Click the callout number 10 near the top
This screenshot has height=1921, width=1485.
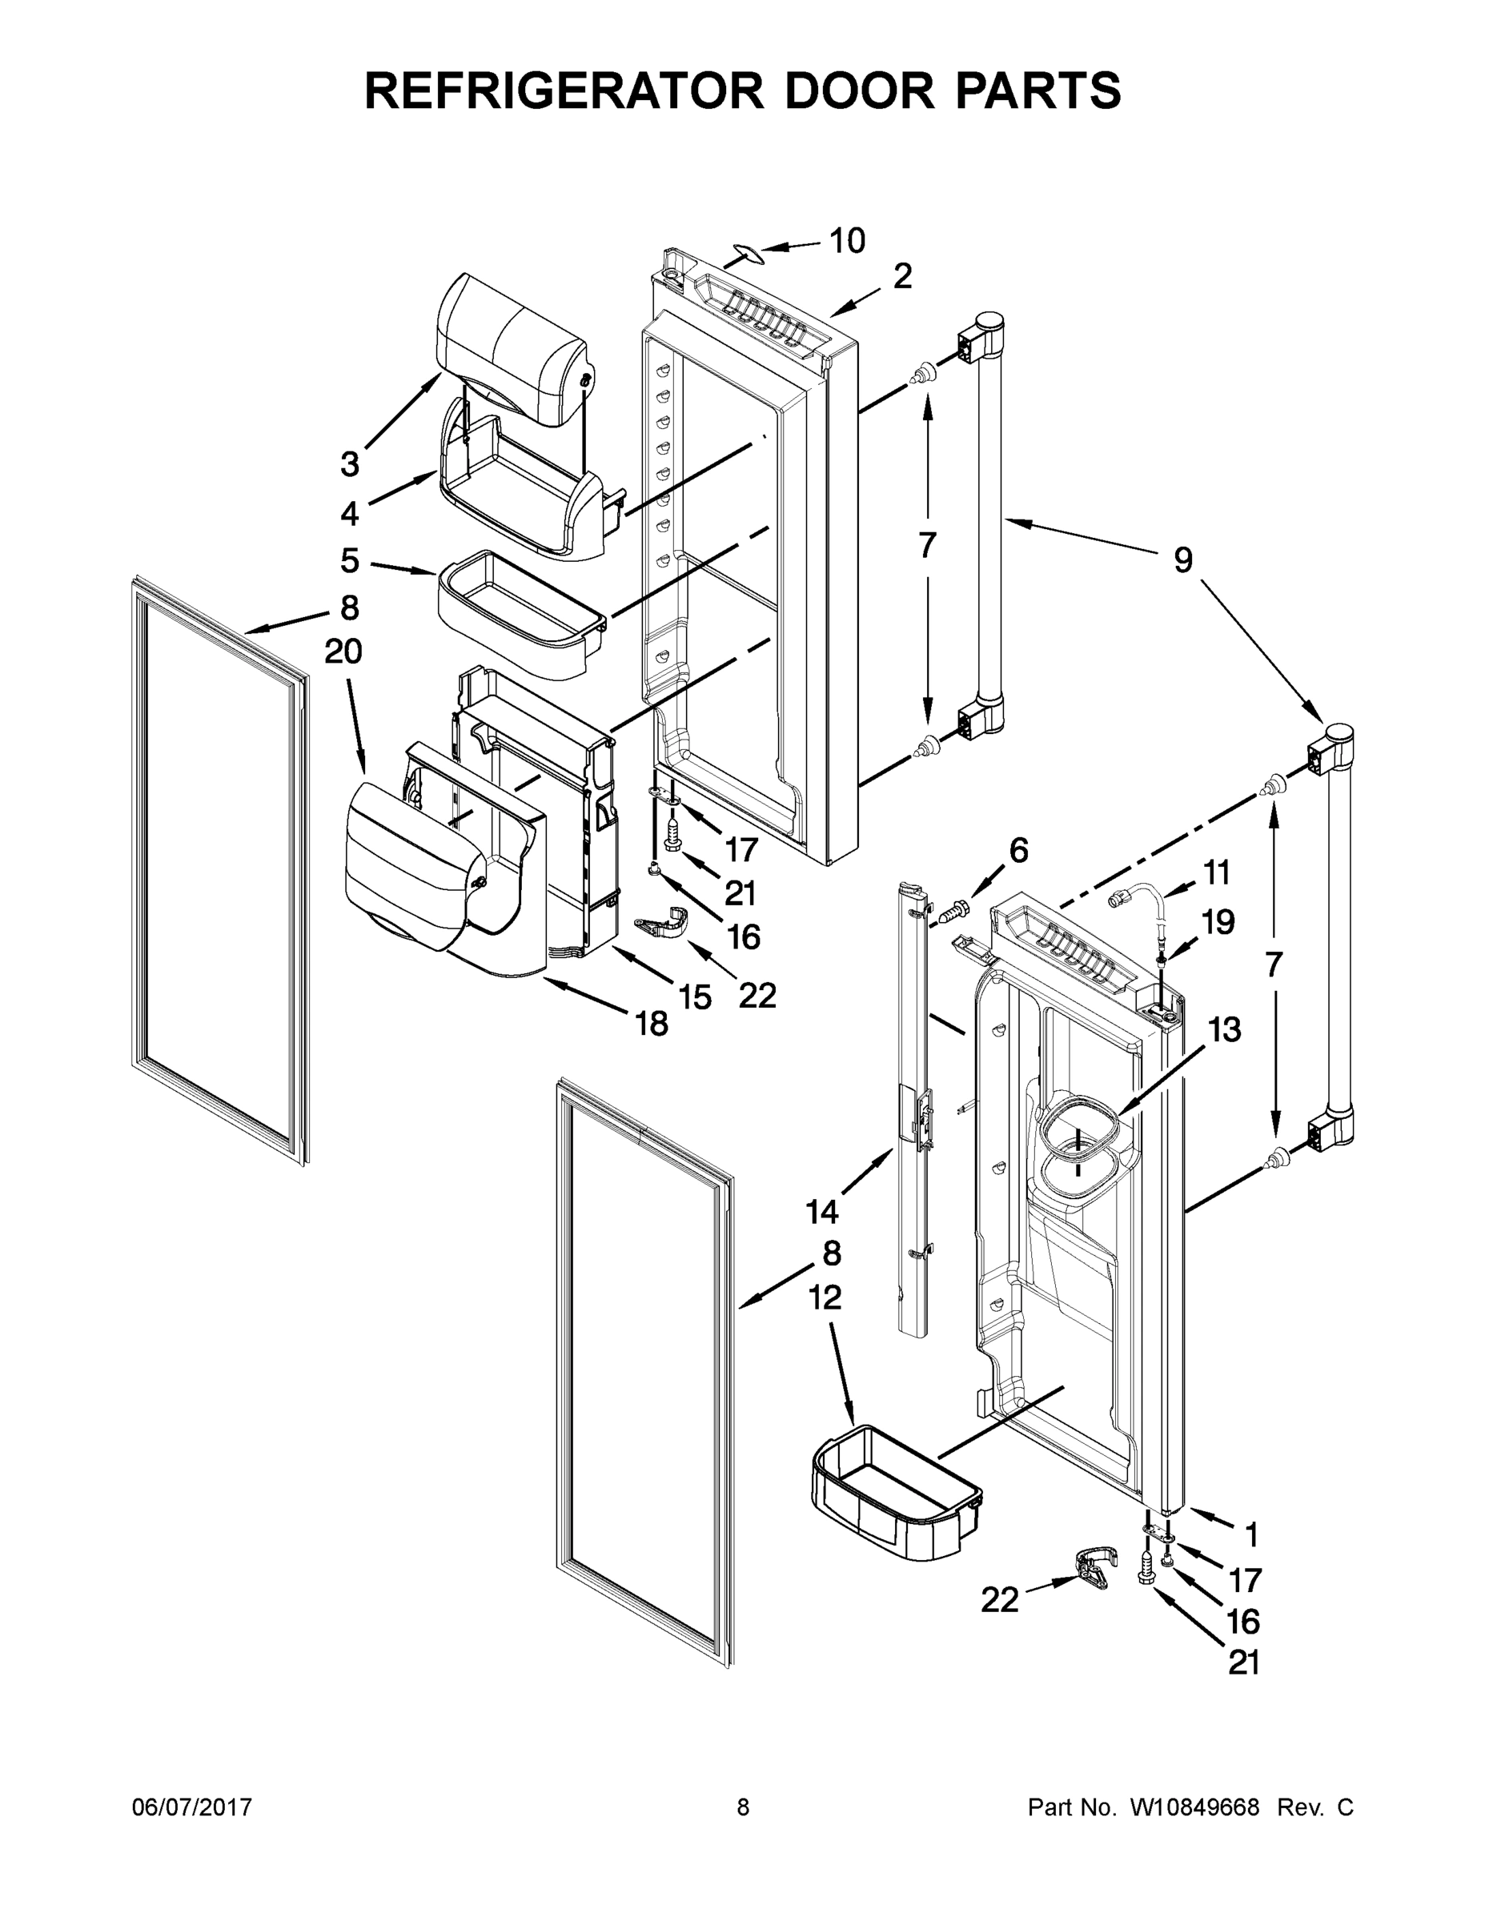(847, 240)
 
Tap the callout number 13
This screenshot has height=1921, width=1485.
(1223, 1030)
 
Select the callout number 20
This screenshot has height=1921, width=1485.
(343, 652)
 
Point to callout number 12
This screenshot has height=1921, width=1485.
(825, 1297)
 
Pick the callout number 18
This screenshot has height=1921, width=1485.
(652, 1023)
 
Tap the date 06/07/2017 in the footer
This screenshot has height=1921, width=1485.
(192, 1808)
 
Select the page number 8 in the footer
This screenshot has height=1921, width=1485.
(744, 1808)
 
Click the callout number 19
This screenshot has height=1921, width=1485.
(1218, 922)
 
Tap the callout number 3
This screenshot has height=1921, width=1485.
(350, 463)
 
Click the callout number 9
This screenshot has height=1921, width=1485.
(1182, 559)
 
